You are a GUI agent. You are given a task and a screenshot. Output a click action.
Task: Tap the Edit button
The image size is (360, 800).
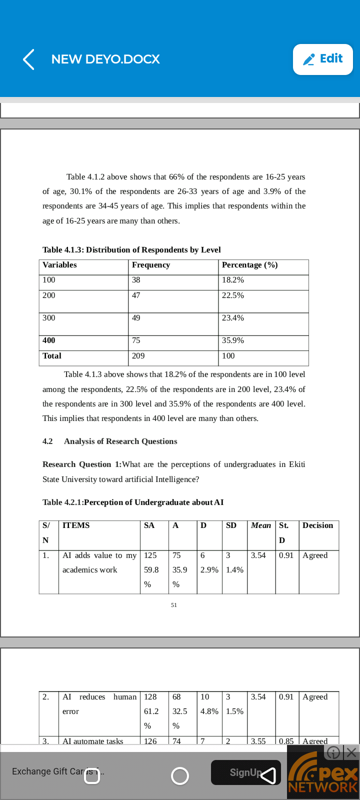(x=323, y=59)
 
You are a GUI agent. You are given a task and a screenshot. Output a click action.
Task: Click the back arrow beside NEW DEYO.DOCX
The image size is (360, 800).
(x=29, y=59)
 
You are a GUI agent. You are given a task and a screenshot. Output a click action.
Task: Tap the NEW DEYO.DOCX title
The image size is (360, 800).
(x=105, y=59)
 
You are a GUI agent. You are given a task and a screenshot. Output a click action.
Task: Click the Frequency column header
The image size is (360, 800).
(x=151, y=265)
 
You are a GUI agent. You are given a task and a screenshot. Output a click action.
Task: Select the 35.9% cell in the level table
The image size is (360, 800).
(x=233, y=340)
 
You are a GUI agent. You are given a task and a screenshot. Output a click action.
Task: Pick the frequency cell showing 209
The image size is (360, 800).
(x=138, y=356)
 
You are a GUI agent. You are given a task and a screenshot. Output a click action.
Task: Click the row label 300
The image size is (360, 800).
(x=49, y=318)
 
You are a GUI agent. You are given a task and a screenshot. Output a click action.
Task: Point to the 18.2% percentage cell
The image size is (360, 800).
(x=233, y=280)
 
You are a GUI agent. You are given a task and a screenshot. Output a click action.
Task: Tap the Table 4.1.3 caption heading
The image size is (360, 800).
(x=131, y=250)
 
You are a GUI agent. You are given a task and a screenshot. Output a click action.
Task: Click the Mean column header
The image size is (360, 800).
(x=261, y=525)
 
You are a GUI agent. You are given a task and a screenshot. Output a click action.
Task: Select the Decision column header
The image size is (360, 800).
(x=317, y=525)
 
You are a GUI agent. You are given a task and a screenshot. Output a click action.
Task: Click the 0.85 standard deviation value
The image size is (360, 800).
(x=286, y=741)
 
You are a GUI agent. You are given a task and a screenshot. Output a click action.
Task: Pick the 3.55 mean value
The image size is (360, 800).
(x=258, y=741)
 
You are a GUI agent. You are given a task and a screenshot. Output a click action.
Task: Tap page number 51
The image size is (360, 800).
(x=173, y=605)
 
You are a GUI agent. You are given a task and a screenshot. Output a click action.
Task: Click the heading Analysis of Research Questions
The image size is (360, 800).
(x=120, y=441)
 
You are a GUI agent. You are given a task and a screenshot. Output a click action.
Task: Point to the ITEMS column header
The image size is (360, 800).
(x=76, y=525)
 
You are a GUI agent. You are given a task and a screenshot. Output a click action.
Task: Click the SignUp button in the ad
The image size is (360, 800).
(x=245, y=772)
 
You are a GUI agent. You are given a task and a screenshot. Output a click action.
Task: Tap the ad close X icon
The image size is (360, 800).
(x=351, y=752)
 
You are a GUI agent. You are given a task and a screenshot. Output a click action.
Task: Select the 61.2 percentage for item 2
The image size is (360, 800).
(x=151, y=711)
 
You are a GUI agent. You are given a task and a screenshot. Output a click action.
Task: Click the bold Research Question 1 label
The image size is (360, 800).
(x=82, y=464)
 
